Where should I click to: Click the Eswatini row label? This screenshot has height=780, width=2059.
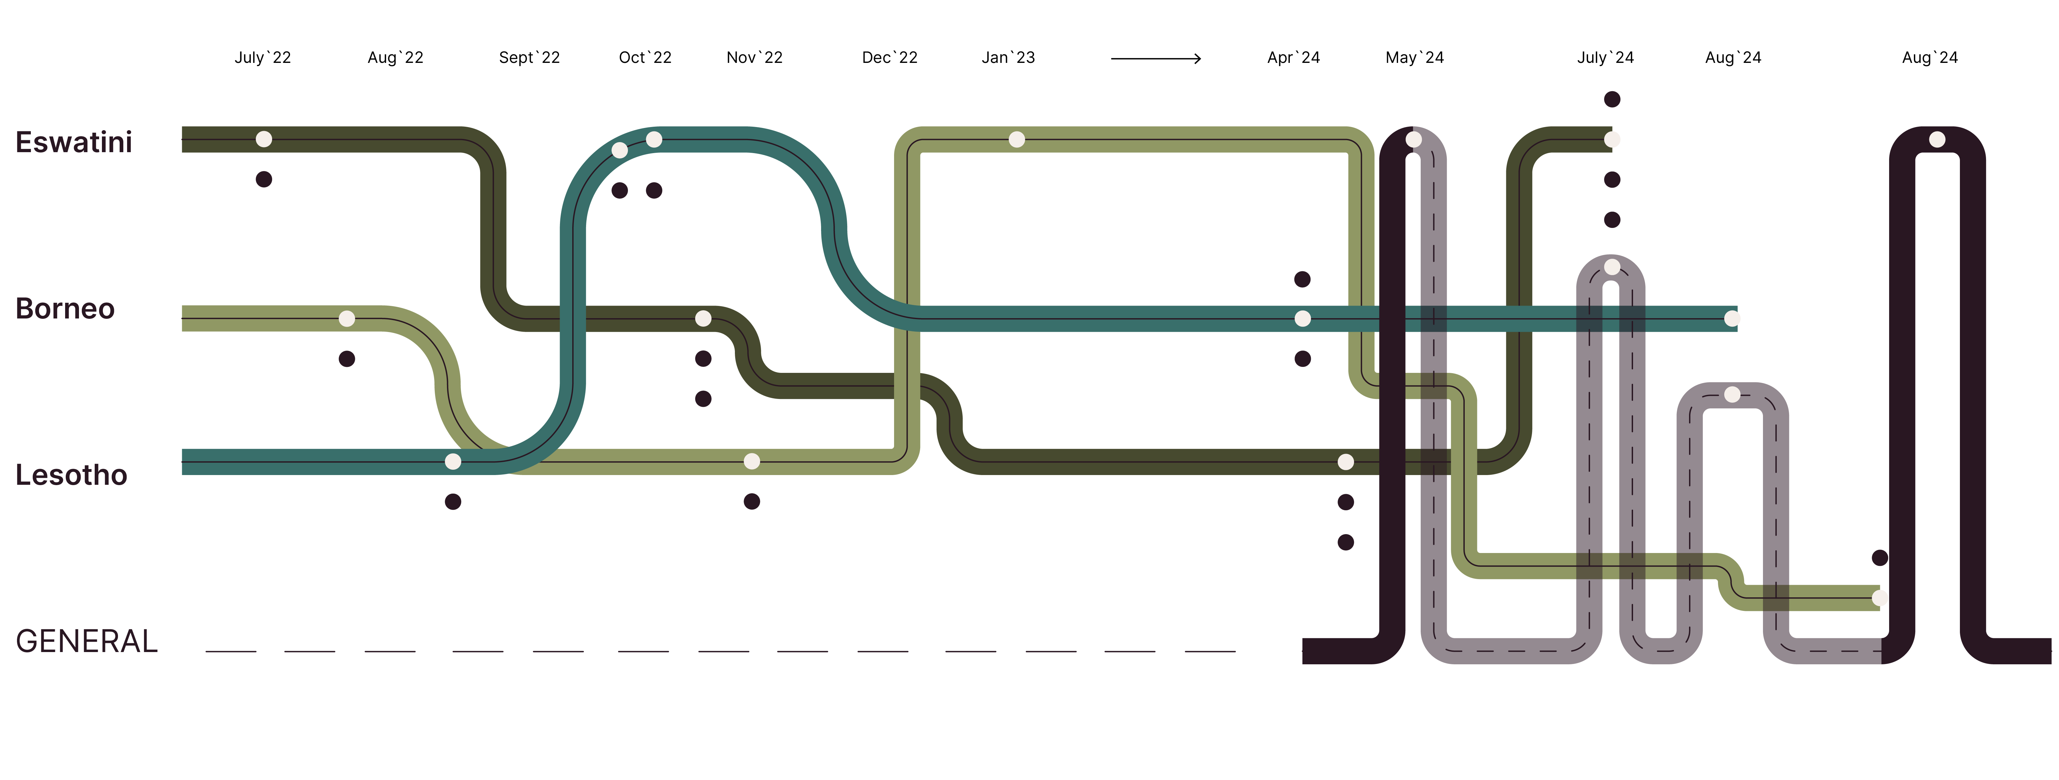74,142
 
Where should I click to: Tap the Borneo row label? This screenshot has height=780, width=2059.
65,308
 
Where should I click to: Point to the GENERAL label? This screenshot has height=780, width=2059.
86,641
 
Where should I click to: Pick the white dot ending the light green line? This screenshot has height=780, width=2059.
1880,598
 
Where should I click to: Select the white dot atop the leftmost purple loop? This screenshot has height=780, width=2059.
1413,140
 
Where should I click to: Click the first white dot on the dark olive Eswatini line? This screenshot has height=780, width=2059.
264,140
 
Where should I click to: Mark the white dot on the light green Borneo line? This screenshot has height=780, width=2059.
347,319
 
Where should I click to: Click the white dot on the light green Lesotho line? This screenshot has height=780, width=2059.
751,461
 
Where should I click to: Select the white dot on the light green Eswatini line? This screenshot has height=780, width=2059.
1017,140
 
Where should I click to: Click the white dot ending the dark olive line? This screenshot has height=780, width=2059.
1612,140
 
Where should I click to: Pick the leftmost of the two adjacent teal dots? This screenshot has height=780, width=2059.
619,150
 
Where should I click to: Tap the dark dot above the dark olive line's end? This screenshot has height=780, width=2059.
1612,99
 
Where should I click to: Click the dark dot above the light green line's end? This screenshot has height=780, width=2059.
1880,558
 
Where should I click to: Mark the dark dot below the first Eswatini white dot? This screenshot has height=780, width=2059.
264,179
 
